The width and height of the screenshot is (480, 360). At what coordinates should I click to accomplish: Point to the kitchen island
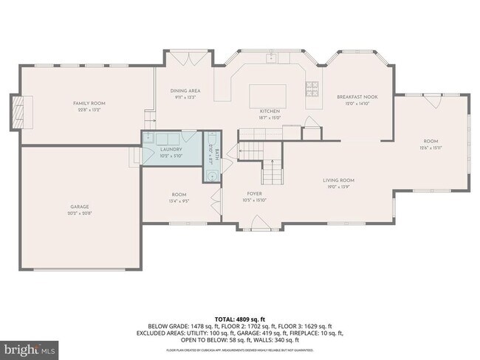click(265, 95)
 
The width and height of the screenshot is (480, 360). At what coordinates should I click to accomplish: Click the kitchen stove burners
click(313, 88)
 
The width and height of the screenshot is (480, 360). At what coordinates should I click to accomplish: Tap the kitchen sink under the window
click(271, 57)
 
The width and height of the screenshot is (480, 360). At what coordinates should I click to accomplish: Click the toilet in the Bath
click(212, 142)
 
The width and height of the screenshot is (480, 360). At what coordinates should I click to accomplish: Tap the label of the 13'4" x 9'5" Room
click(179, 195)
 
